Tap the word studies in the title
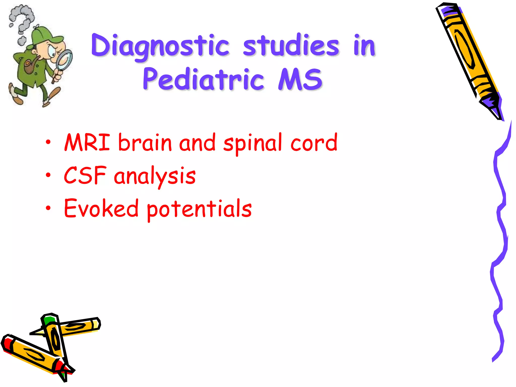(291, 45)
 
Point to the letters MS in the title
(300, 79)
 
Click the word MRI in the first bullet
(87, 142)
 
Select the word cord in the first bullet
(314, 142)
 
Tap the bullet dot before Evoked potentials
(48, 208)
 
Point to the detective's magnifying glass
(64, 59)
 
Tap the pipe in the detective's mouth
(30, 66)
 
